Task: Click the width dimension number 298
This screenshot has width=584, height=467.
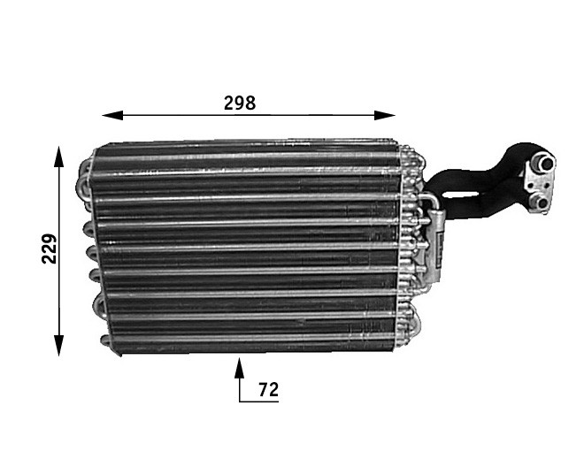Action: [x=239, y=103]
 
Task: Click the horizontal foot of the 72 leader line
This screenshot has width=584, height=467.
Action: [x=258, y=401]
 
